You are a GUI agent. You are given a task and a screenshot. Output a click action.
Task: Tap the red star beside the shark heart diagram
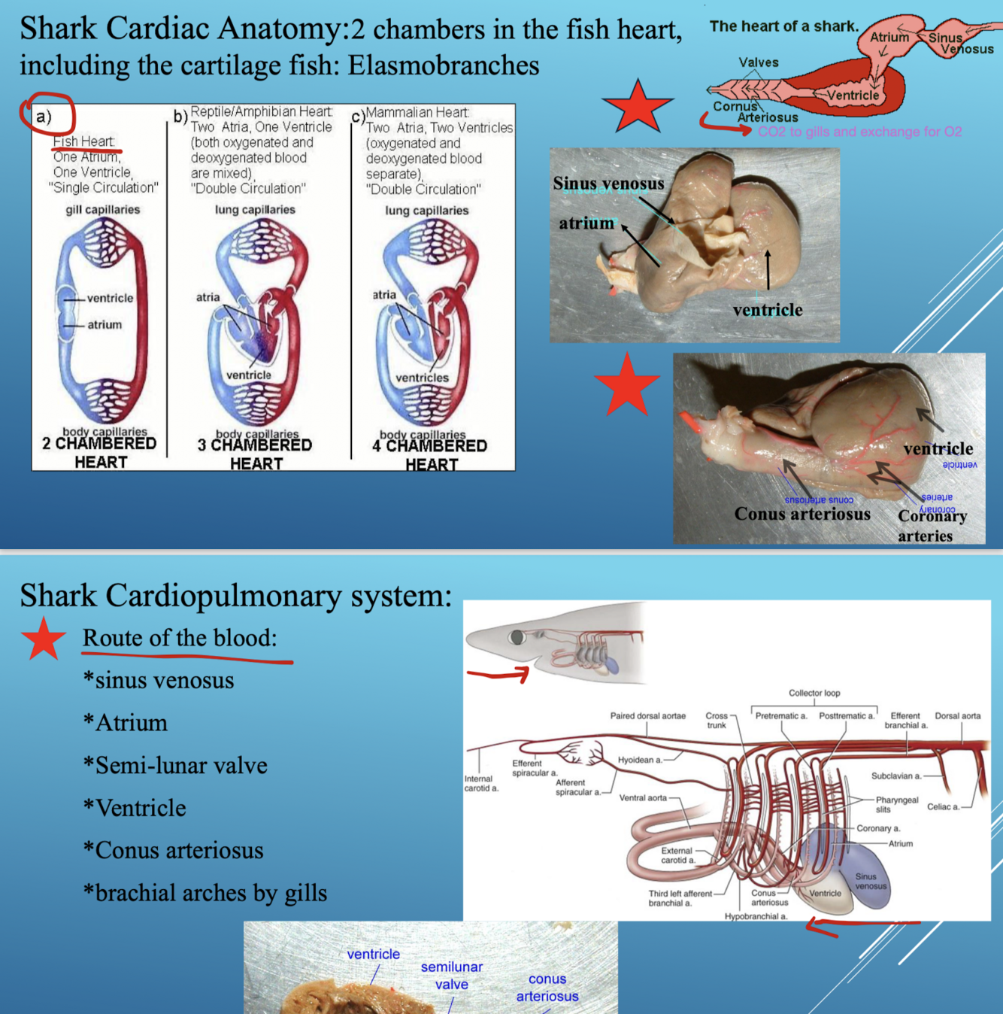coord(637,107)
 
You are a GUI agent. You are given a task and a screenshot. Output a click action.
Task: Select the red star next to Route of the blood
coord(44,639)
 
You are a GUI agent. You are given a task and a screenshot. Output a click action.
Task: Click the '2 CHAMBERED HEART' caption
coord(99,452)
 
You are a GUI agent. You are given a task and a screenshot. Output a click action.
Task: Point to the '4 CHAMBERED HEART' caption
coord(430,454)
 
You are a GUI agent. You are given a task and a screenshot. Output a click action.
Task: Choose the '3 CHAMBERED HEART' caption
coord(255,454)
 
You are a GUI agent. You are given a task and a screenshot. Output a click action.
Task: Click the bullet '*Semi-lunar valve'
coord(175,765)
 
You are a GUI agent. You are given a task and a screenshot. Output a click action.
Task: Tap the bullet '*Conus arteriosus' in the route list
coord(173,850)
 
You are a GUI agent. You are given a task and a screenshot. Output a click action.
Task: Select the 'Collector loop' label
coord(814,693)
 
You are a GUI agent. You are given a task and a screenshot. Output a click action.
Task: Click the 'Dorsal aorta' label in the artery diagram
coord(957,715)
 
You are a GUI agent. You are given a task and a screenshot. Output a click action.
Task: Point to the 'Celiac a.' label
coord(943,806)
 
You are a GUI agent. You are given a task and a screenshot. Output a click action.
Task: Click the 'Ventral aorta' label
coord(643,797)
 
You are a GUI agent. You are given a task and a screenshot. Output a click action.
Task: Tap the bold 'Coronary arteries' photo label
coord(932,525)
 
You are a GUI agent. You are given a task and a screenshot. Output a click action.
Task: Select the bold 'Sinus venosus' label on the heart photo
coord(608,184)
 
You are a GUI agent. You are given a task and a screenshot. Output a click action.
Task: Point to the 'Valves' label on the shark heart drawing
coord(758,62)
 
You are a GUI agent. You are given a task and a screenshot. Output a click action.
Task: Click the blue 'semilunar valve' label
coord(451,975)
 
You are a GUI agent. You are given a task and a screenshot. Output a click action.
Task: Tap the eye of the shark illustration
coord(517,637)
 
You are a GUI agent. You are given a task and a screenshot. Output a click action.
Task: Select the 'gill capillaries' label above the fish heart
coord(102,209)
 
